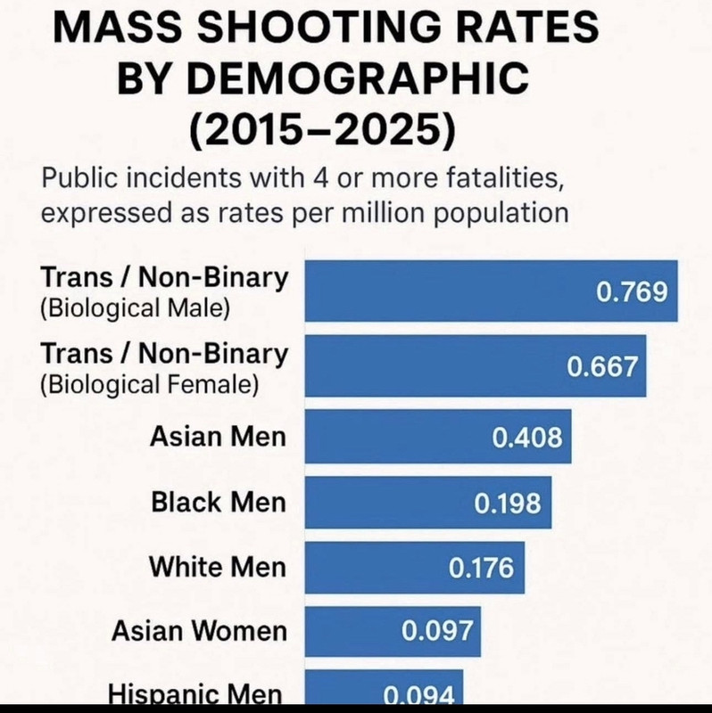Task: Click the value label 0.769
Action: (631, 291)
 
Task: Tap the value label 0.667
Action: (604, 366)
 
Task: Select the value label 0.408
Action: (528, 437)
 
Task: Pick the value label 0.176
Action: (481, 568)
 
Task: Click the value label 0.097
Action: (436, 632)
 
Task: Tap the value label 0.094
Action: (419, 695)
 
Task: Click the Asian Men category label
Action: (219, 437)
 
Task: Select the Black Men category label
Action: (219, 503)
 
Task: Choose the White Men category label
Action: (218, 567)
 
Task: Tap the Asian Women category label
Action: (199, 632)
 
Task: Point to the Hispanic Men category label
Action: (196, 695)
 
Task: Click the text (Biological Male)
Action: (135, 310)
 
